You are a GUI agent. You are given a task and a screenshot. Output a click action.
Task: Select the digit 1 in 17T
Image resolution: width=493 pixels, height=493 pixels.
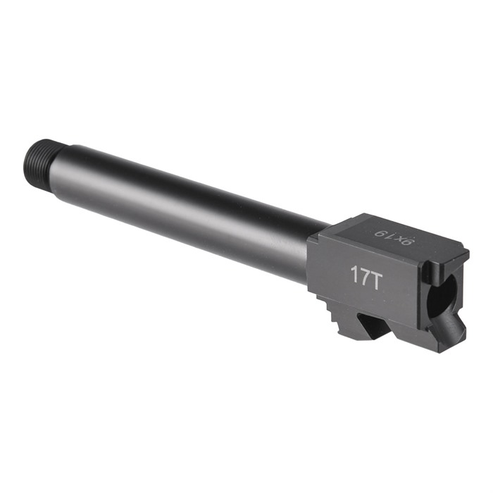[x=354, y=275]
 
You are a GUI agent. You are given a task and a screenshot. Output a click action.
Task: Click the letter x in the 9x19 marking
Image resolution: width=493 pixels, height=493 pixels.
[x=401, y=239]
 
